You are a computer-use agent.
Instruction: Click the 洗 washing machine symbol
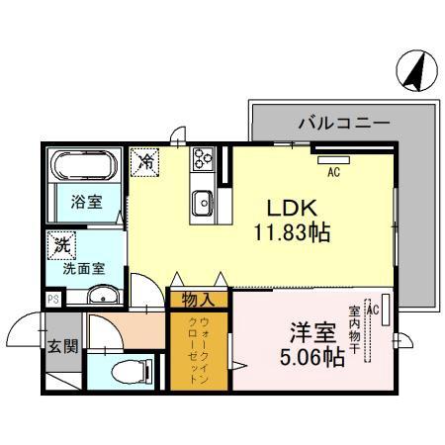61,242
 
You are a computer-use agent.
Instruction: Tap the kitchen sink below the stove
205,202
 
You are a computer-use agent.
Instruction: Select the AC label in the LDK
333,171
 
